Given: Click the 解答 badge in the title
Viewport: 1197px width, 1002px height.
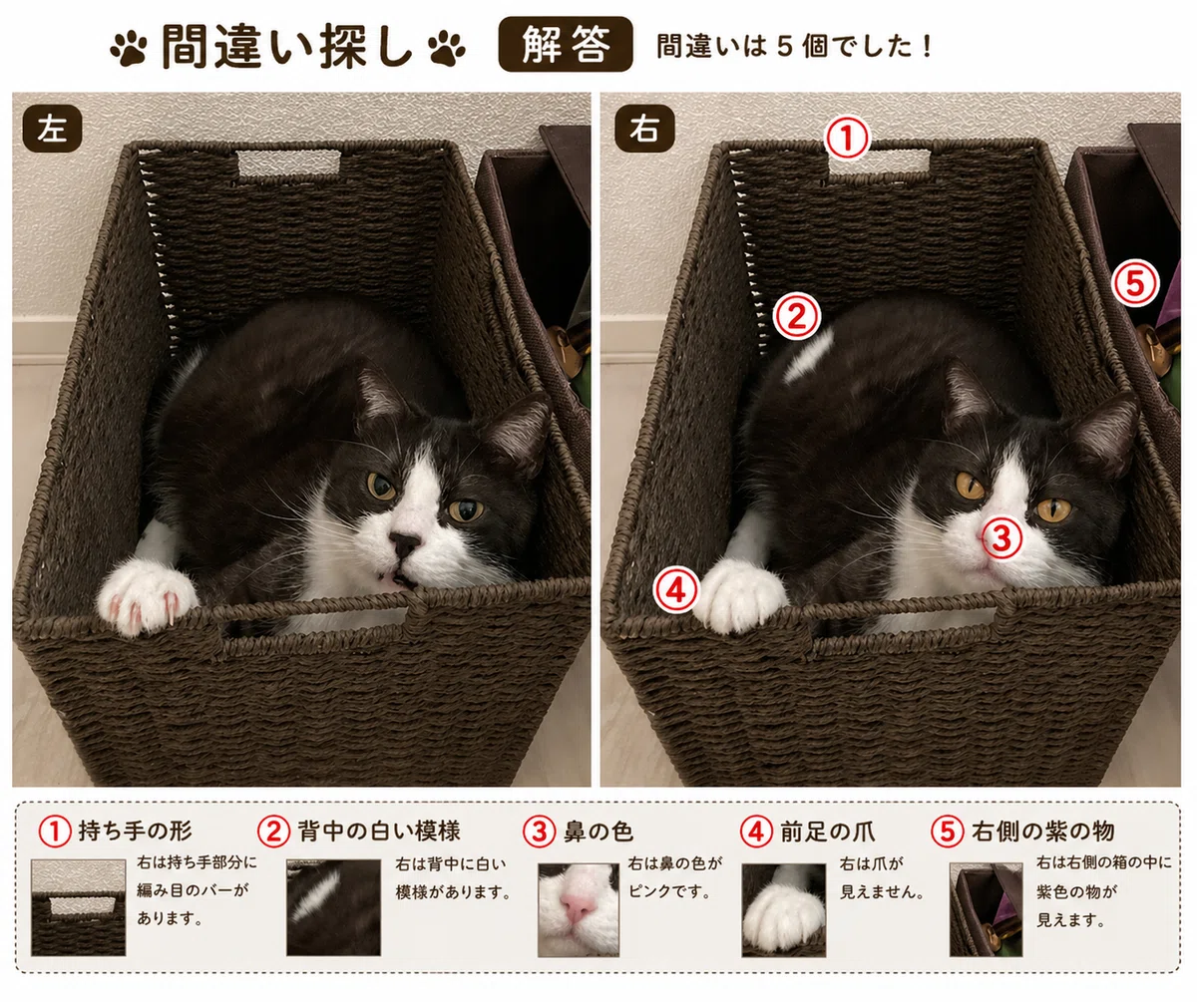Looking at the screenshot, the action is coord(566,44).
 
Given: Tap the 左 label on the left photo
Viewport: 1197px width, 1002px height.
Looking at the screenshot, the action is coord(52,129).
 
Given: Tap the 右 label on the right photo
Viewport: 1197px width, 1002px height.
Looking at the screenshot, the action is coord(644,129).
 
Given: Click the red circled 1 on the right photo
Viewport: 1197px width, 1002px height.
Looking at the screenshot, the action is coord(847,138).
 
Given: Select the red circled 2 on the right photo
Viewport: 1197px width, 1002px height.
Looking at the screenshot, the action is coord(797,316).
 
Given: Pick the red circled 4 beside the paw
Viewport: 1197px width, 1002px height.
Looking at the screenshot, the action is coord(677,590).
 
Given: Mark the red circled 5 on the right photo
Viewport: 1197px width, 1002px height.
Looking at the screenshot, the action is coord(1136,283).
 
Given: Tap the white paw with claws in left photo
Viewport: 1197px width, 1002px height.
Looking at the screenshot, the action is coord(147,596).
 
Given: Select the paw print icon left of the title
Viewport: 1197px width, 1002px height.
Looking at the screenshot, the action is coord(129,48).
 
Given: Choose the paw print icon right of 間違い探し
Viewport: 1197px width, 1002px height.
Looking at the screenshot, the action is coord(447,48).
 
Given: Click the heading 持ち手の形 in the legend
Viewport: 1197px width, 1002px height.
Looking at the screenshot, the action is coord(135,831).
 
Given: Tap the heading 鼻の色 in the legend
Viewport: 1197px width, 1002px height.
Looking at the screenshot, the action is coord(598,832).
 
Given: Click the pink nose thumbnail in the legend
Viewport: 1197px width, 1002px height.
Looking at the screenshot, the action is coord(578,909).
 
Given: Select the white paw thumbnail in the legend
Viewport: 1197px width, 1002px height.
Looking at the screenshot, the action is coord(784,909).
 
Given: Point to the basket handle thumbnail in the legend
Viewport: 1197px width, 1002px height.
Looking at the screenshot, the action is coord(79,907).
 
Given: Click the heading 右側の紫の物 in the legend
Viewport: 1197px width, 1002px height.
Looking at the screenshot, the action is coord(1042,831).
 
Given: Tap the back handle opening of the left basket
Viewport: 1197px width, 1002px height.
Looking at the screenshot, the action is coord(289,164).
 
